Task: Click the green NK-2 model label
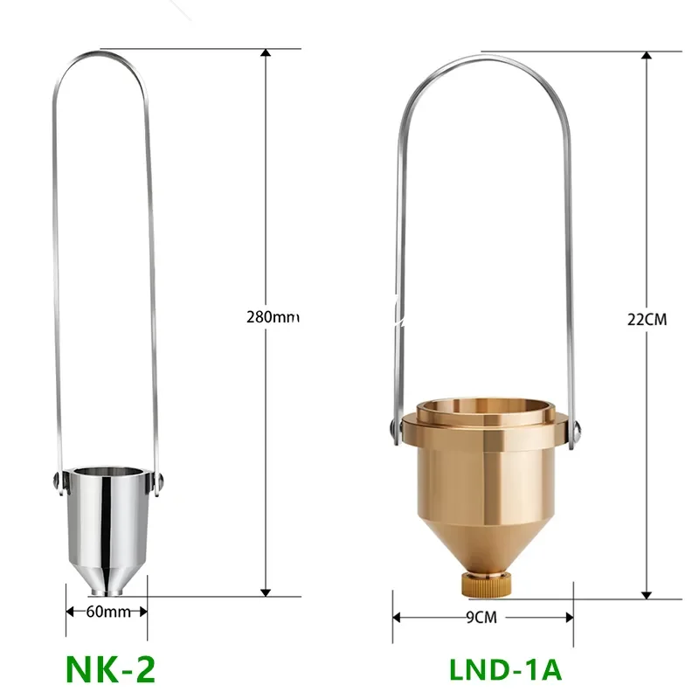pos(111,669)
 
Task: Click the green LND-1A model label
pos(505,669)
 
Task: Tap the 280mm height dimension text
pos(273,317)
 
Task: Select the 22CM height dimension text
pos(647,320)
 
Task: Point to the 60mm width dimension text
pos(108,612)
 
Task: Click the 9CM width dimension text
pos(481,618)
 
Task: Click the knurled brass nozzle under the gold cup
pos(486,585)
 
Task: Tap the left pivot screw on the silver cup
pos(57,480)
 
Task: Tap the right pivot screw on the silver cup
pos(160,481)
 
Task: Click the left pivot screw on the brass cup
pos(391,428)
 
